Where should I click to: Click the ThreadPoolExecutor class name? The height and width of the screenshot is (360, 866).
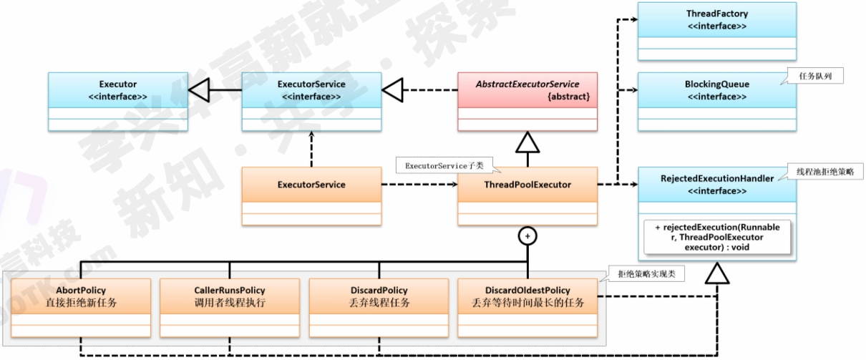tap(527, 185)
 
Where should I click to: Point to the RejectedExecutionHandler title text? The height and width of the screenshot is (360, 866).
tap(716, 178)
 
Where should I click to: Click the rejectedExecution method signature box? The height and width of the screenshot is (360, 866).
tap(717, 237)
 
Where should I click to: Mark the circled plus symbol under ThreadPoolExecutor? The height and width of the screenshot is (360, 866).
tap(527, 235)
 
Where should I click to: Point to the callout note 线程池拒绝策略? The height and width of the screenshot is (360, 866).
tap(829, 172)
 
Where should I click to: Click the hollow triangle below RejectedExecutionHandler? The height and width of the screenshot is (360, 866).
tap(716, 274)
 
